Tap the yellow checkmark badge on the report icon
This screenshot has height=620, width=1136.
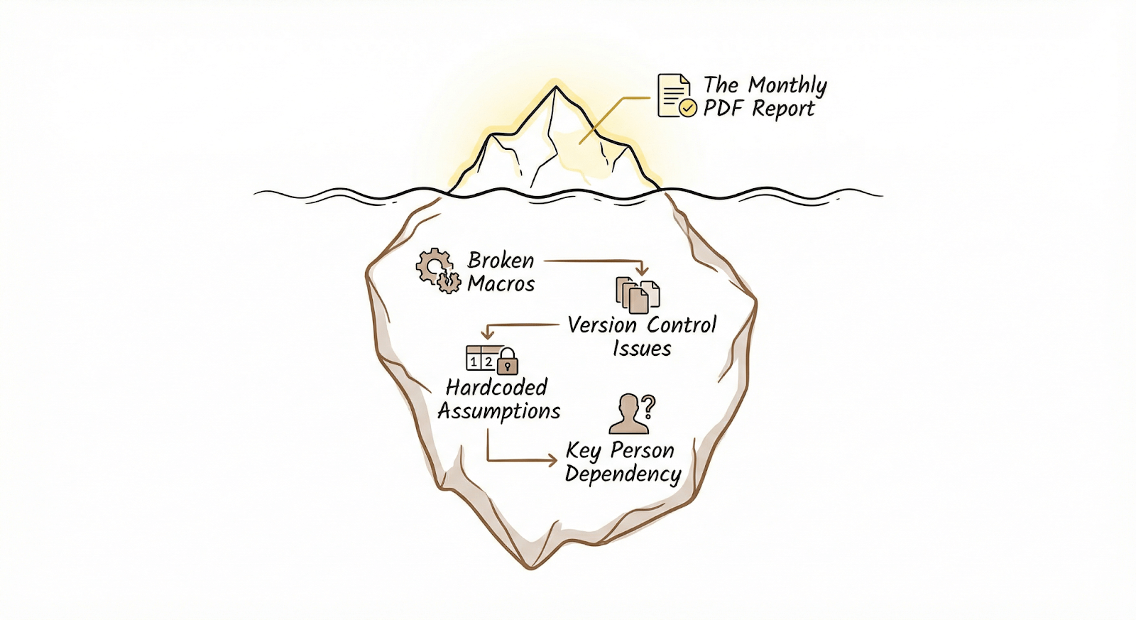[x=688, y=108]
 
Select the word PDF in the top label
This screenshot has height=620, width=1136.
[x=724, y=109]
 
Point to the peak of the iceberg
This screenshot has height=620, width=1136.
[x=556, y=87]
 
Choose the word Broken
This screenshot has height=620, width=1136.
[x=501, y=261]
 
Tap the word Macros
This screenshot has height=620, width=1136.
[x=501, y=284]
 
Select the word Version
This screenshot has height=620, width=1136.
[x=602, y=325]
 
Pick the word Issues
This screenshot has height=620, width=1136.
[x=642, y=349]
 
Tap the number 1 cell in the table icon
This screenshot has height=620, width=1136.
[x=474, y=362]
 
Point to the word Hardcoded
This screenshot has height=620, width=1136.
[x=496, y=388]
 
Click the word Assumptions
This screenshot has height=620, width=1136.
[x=499, y=412]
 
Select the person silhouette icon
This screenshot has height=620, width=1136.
[x=628, y=415]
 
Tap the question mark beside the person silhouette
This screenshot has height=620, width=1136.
[x=648, y=407]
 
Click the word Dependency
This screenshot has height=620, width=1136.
[x=623, y=474]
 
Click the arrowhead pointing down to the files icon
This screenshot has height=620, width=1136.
[x=642, y=271]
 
